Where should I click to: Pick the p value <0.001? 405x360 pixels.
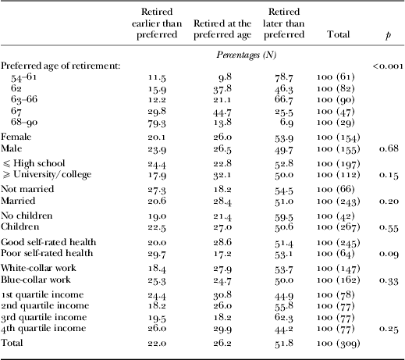385,67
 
